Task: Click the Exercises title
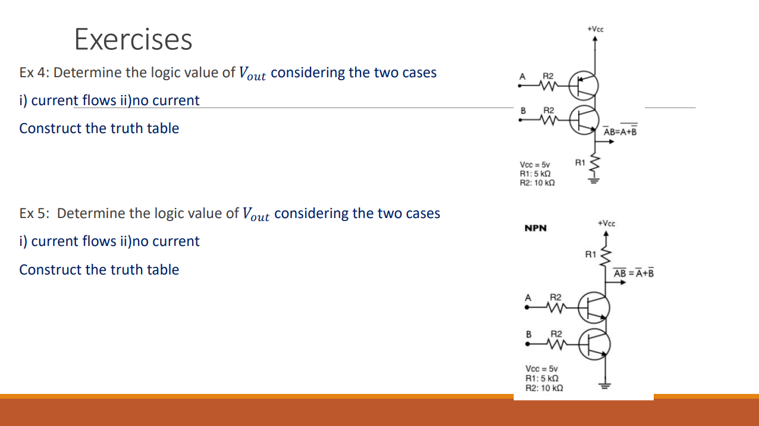pyautogui.click(x=133, y=40)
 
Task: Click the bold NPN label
pyautogui.click(x=535, y=228)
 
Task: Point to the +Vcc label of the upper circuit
pyautogui.click(x=595, y=29)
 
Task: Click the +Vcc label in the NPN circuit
pyautogui.click(x=606, y=223)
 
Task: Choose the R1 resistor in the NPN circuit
pyautogui.click(x=606, y=255)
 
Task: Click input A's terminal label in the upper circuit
pyautogui.click(x=522, y=77)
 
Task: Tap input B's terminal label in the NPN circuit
pyautogui.click(x=528, y=334)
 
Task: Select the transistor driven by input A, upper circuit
pyautogui.click(x=584, y=86)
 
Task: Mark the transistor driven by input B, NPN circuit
pyautogui.click(x=595, y=343)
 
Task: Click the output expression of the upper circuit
pyautogui.click(x=620, y=131)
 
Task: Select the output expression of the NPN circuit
pyautogui.click(x=633, y=273)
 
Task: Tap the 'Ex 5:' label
pyautogui.click(x=35, y=213)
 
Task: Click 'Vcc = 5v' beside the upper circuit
pyautogui.click(x=535, y=165)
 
